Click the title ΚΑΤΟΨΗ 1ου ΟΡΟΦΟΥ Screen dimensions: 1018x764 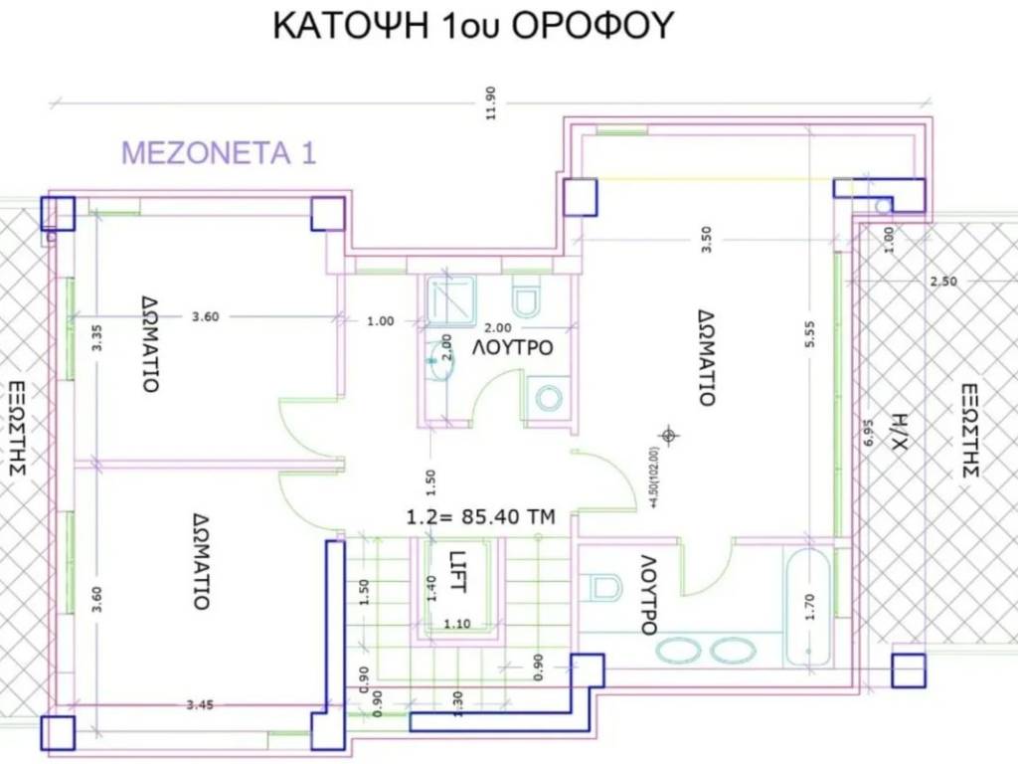472,26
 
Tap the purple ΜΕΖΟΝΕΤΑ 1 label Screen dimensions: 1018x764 219,153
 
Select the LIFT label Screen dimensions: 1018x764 457,572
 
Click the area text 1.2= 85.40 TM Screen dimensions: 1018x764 480,517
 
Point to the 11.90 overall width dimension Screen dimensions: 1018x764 490,102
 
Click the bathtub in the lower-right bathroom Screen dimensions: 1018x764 807,608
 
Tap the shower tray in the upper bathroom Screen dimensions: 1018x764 450,298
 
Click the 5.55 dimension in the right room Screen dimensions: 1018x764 809,334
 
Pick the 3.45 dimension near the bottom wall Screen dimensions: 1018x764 199,704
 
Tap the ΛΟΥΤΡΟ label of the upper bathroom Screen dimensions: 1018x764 512,347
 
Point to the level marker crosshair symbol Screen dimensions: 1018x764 669,435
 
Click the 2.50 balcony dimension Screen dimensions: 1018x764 942,282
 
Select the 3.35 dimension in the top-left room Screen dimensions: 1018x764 96,337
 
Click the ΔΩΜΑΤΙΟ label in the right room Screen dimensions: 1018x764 707,358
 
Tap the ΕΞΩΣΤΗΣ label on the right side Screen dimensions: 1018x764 970,431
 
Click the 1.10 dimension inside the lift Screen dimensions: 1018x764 457,624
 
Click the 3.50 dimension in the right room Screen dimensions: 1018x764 707,239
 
